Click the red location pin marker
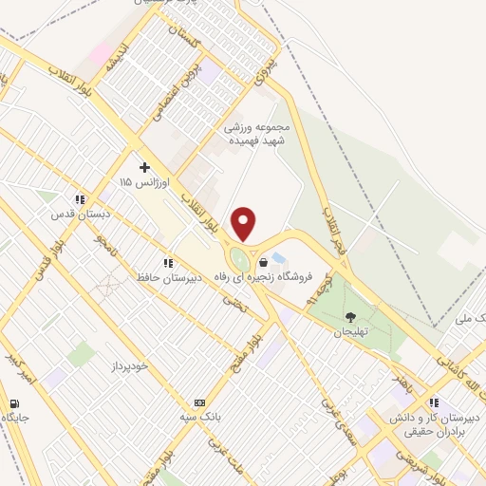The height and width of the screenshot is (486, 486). [244, 224]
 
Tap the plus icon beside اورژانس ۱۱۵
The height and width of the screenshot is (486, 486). [144, 167]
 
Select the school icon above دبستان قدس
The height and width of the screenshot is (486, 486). [81, 200]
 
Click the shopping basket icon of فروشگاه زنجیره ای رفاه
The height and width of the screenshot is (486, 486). [263, 262]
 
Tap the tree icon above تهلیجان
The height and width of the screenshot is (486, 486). [351, 317]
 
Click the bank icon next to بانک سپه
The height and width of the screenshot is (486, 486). [198, 402]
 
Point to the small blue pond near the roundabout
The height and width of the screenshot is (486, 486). [277, 257]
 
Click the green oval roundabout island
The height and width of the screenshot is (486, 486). [240, 258]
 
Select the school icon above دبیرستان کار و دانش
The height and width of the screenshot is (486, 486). [434, 402]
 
